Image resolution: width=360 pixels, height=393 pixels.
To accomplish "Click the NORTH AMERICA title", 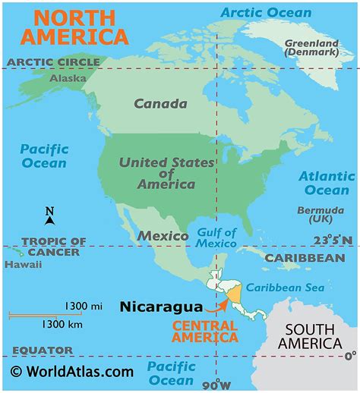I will tap(74, 27).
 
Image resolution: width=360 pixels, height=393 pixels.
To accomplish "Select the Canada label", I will tap(160, 104).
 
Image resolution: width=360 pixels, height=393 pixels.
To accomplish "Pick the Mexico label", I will tap(163, 236).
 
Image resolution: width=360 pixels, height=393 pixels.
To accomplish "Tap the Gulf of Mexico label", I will tap(216, 237).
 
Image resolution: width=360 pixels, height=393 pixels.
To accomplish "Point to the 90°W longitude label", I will tap(218, 383).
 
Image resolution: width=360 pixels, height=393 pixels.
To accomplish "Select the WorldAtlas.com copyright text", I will tap(71, 371).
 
